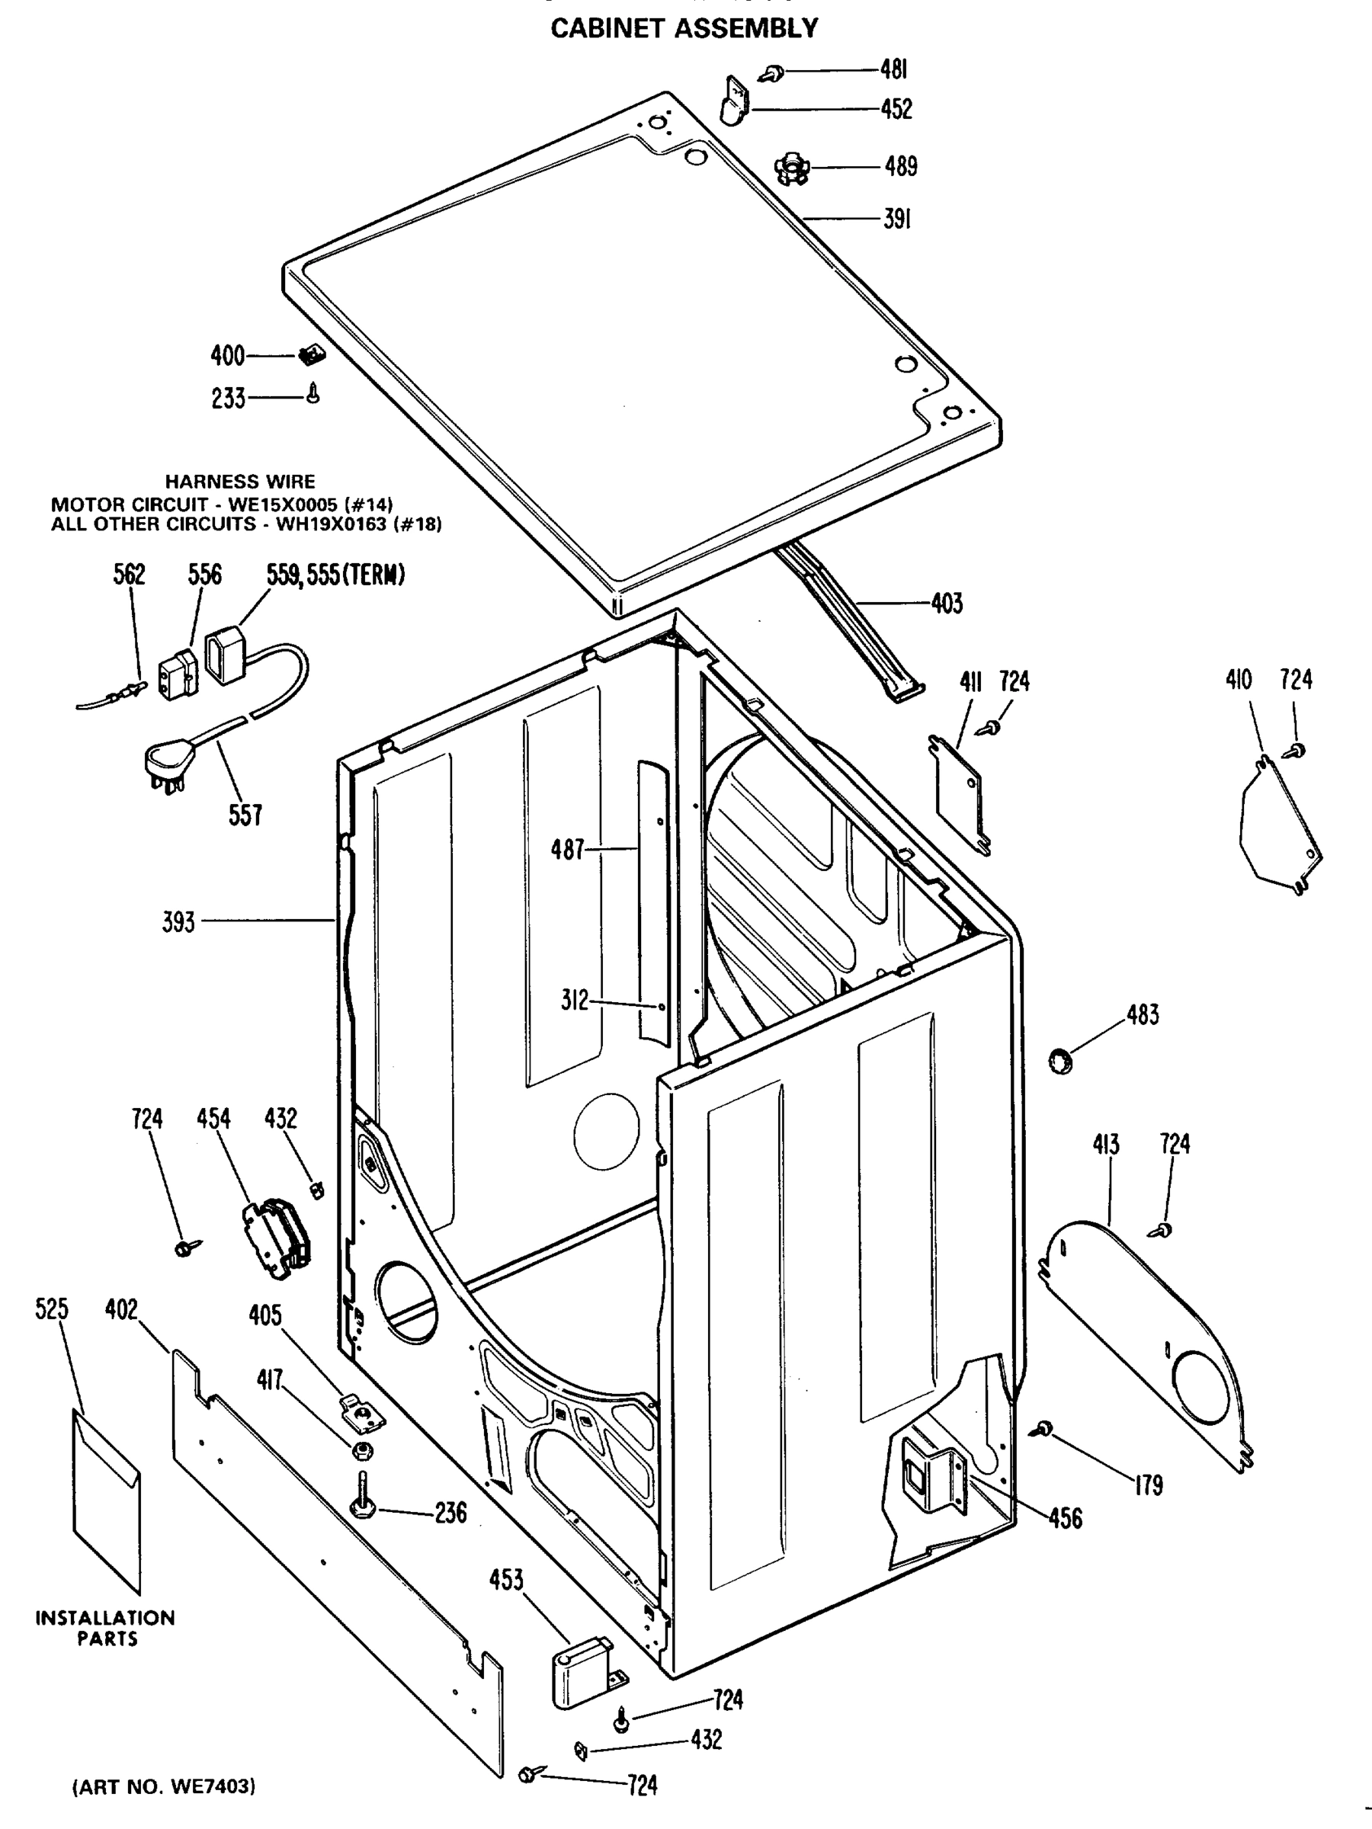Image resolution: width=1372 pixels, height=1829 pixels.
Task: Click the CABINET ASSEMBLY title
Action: pos(684,29)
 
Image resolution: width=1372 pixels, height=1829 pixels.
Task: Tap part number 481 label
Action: pos(893,70)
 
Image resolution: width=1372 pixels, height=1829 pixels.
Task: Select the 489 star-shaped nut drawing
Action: pos(790,168)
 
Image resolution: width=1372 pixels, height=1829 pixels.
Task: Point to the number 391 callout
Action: pos(897,220)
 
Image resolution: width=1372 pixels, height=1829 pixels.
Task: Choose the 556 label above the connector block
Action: pos(204,575)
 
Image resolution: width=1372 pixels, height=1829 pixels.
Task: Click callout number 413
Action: pos(1105,1145)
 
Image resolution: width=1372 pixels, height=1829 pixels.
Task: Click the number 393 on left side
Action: pos(178,922)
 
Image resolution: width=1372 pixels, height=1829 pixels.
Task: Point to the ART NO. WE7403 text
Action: pos(165,1786)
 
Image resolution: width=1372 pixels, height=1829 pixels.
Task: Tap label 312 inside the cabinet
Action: pos(574,1001)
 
